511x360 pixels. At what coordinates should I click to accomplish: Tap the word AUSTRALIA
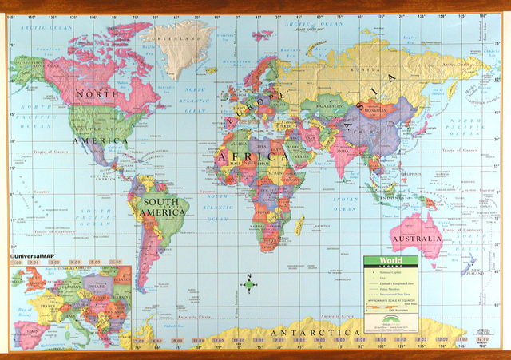coord(416,239)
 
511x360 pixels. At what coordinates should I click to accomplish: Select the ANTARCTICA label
coord(316,332)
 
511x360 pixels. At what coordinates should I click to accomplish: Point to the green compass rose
coord(248,283)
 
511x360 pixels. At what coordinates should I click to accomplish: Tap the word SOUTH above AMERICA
coord(161,203)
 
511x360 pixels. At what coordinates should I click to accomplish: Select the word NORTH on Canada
coord(97,94)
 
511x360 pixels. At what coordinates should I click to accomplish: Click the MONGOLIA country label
coord(375,112)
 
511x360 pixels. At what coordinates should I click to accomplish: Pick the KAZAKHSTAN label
coord(329,105)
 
